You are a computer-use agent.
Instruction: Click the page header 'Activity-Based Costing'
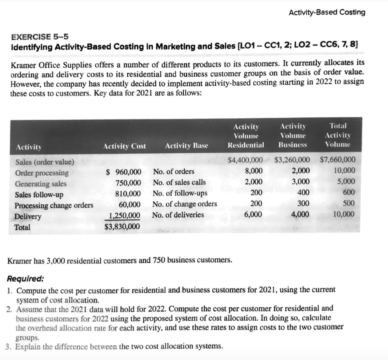pos(327,12)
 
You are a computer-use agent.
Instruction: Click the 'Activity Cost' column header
pos(125,146)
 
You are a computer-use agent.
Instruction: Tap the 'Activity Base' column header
pos(186,146)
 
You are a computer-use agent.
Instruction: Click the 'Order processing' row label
pos(42,173)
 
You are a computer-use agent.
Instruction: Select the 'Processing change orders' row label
pos(54,206)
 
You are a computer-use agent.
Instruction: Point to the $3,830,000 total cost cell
pos(122,227)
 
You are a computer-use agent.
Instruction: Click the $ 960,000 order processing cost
pos(123,172)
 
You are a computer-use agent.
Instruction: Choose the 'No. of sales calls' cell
pos(179,182)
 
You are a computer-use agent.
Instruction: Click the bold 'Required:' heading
pos(25,279)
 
